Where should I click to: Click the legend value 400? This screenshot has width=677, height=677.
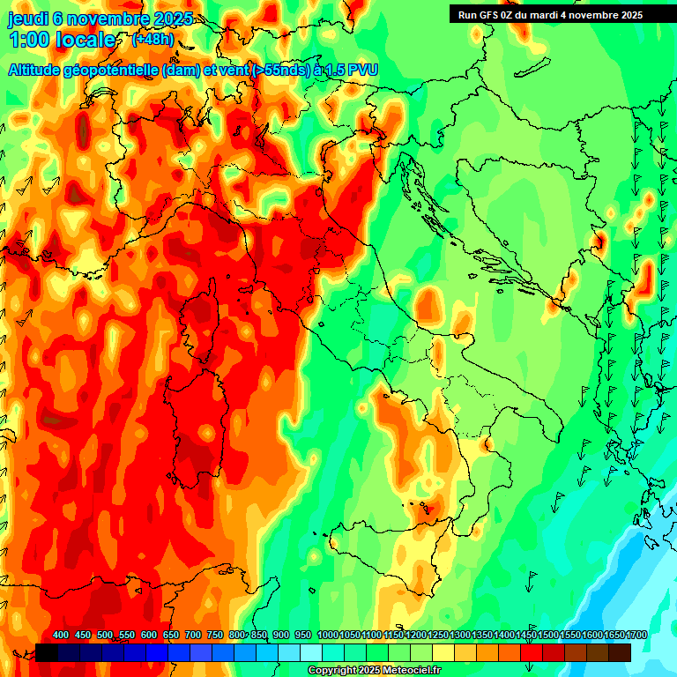tap(61, 635)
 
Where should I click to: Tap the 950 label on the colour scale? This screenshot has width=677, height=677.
tap(302, 635)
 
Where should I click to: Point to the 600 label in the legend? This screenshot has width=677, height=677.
tap(149, 635)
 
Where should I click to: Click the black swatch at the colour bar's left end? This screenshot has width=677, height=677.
tap(47, 652)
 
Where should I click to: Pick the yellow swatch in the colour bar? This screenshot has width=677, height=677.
tap(443, 652)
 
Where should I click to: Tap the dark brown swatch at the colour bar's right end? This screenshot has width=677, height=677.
tap(620, 652)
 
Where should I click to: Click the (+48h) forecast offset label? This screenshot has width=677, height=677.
tap(153, 40)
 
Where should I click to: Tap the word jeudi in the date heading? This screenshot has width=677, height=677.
tap(28, 18)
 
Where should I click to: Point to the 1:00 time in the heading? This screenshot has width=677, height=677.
tap(28, 40)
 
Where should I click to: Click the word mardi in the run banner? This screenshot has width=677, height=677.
tap(553, 15)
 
